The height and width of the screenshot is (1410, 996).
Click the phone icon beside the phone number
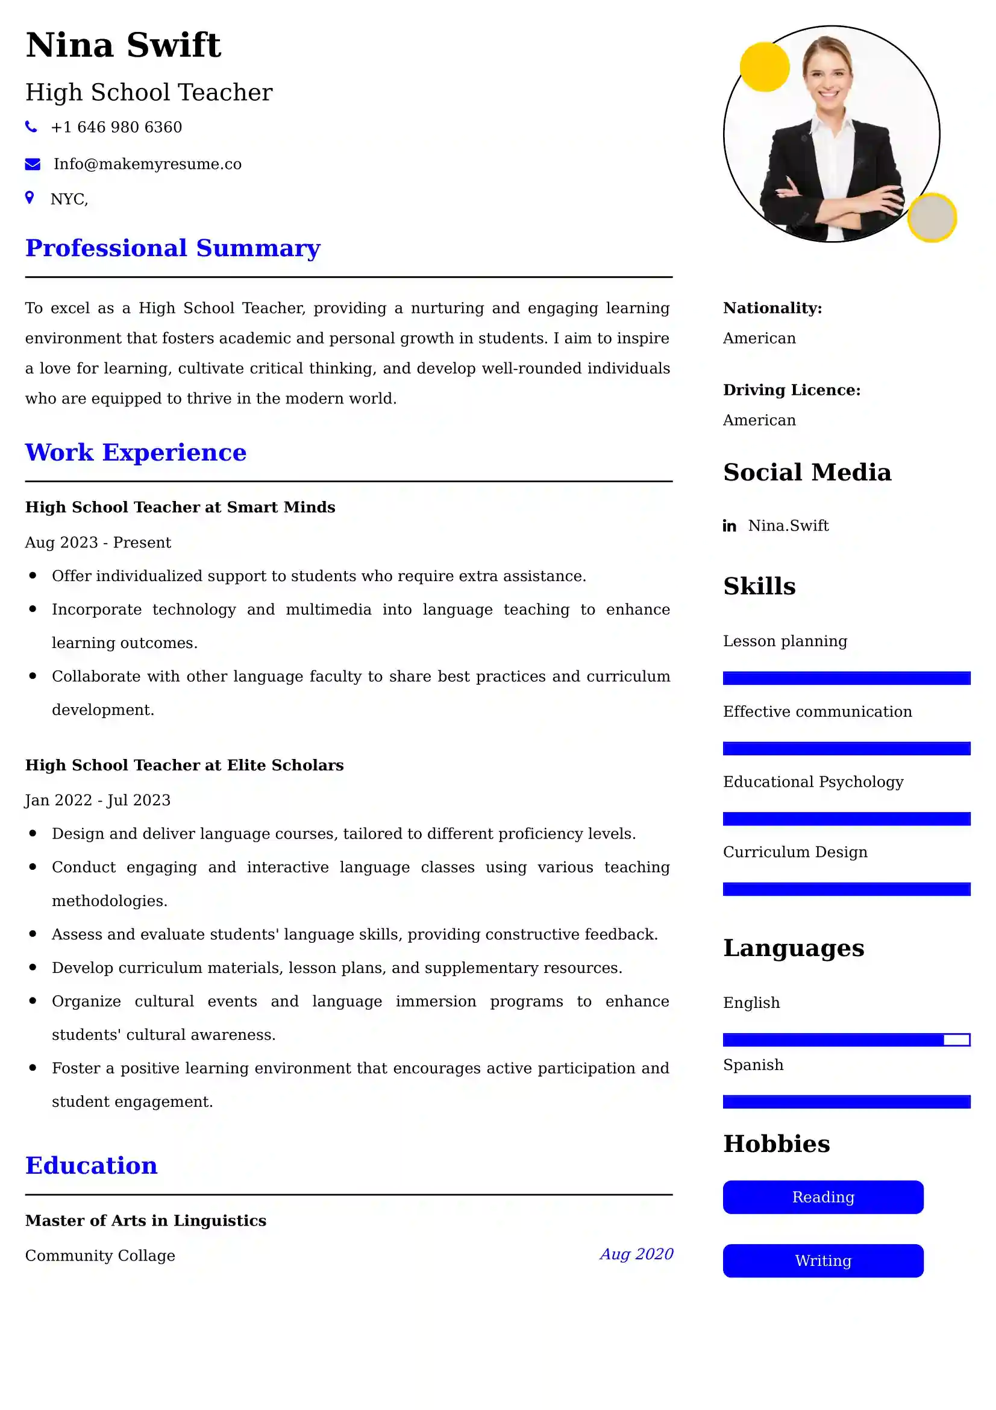[31, 127]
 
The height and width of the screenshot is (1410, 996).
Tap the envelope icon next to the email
[33, 164]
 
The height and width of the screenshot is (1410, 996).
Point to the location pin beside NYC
[30, 197]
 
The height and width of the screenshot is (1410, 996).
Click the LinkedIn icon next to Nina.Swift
[729, 526]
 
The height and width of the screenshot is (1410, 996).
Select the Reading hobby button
[822, 1197]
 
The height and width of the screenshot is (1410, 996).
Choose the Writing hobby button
[822, 1261]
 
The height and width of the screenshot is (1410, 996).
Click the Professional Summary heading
[172, 248]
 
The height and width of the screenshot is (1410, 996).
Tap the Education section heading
[92, 1166]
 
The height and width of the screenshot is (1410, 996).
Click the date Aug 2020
[636, 1254]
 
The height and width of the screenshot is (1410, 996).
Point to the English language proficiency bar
[845, 1040]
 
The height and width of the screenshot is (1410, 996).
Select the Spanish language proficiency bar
[845, 1102]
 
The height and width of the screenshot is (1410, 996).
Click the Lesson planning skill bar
[845, 678]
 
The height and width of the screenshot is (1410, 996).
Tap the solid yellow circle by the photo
[764, 67]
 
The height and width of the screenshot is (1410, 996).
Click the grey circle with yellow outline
[932, 218]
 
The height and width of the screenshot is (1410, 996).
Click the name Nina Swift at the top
[124, 45]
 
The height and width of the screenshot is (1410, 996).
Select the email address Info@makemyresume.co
[147, 164]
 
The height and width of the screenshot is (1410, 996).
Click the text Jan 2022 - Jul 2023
[98, 800]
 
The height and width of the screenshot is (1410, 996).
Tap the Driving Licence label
[791, 390]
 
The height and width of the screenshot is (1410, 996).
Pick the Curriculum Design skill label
[795, 852]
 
